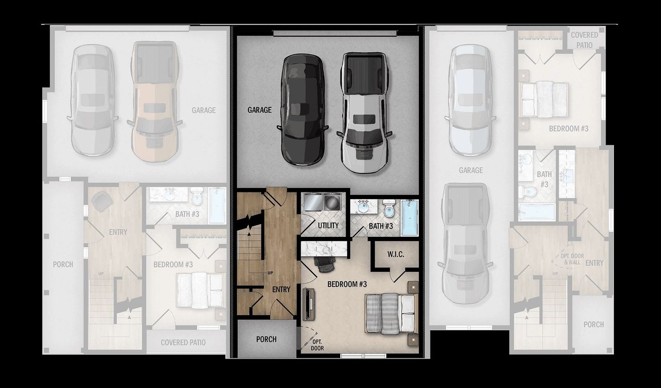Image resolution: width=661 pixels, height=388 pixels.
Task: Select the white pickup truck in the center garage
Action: (x=364, y=112)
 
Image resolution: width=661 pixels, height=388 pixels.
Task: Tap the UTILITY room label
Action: (x=328, y=225)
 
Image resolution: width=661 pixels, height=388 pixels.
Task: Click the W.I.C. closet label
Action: (x=396, y=255)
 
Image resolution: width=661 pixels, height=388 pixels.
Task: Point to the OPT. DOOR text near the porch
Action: (x=317, y=345)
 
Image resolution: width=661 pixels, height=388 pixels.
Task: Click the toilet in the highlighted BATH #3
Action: (x=389, y=208)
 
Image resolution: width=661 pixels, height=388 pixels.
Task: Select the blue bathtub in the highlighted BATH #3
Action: (x=410, y=218)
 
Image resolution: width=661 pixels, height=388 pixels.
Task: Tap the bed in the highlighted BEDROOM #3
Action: (x=391, y=313)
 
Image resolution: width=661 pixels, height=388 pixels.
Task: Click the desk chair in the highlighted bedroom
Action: (x=325, y=263)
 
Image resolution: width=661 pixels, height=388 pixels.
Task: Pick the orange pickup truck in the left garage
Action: (x=154, y=101)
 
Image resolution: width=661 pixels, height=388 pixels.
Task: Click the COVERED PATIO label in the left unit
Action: (x=183, y=342)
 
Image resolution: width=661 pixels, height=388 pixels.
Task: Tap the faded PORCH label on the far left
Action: (x=63, y=264)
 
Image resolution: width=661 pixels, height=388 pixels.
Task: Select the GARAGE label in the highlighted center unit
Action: (x=259, y=110)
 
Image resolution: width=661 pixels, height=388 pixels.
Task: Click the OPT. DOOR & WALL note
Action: (x=572, y=259)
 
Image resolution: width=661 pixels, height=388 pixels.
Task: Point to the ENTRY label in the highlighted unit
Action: (x=281, y=289)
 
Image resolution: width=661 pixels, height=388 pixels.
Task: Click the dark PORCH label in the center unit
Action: (x=266, y=339)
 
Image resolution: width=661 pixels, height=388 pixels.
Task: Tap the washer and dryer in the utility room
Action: (x=322, y=202)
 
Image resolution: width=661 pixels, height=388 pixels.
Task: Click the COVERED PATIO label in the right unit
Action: (x=584, y=39)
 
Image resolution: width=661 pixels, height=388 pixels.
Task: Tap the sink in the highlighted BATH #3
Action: (x=364, y=207)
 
